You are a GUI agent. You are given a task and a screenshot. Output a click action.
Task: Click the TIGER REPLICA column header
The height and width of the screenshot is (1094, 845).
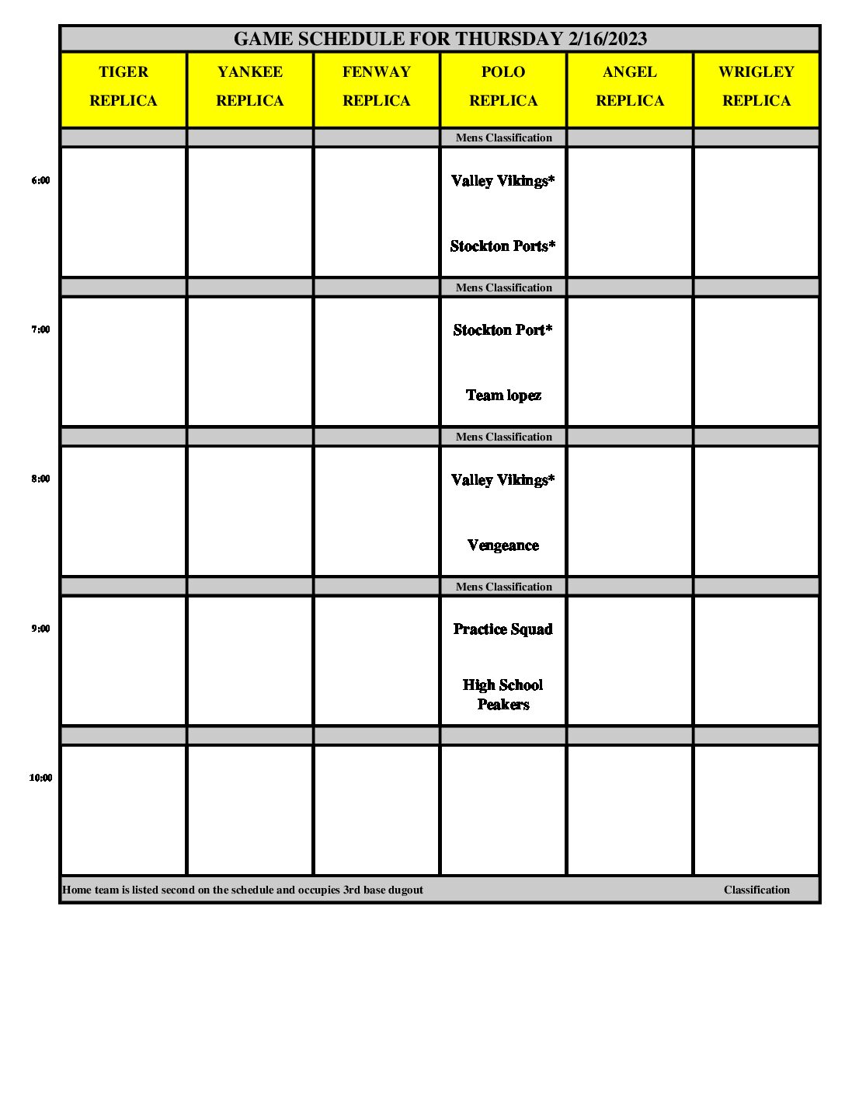(x=123, y=86)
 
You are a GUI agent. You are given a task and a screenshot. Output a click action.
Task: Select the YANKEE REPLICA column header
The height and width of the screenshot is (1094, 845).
(x=250, y=86)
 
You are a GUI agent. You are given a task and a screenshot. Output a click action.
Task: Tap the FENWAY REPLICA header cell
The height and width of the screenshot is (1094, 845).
(x=377, y=86)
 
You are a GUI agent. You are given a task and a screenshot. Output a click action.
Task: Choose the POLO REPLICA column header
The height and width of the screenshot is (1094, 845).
(x=503, y=86)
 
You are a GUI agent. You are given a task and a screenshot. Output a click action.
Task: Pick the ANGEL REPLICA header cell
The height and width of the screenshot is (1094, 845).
(x=630, y=86)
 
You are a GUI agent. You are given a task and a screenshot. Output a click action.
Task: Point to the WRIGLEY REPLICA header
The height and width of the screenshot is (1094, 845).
(x=756, y=86)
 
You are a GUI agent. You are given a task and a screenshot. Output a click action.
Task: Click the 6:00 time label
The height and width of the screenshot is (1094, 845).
(x=40, y=180)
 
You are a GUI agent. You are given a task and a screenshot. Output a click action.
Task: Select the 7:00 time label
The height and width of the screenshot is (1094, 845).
(x=40, y=329)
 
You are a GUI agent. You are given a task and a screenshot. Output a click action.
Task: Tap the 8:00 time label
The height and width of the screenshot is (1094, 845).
(x=40, y=479)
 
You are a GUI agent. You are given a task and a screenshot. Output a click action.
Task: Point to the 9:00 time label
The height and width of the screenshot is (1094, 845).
(x=40, y=629)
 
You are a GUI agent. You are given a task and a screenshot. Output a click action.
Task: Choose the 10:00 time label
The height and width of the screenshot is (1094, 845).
(x=40, y=778)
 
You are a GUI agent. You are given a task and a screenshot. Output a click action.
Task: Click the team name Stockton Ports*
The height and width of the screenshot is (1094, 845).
(x=503, y=246)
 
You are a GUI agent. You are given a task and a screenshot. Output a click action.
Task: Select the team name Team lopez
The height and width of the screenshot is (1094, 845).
(x=503, y=395)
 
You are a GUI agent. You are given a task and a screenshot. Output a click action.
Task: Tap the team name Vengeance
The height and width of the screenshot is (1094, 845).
(x=503, y=545)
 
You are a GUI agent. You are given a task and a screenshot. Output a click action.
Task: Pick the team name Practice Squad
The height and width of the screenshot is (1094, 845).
(x=503, y=629)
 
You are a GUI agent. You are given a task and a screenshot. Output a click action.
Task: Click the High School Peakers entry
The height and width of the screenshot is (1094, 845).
(x=503, y=695)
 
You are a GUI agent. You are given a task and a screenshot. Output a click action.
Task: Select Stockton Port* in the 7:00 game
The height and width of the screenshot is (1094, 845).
(x=503, y=330)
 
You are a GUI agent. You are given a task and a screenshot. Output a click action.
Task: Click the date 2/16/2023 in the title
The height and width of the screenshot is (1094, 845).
(x=607, y=39)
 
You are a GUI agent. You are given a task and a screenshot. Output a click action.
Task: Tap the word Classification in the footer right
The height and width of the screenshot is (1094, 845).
(x=756, y=890)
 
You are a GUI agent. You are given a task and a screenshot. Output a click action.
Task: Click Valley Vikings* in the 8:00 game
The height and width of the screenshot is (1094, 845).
(x=503, y=480)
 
